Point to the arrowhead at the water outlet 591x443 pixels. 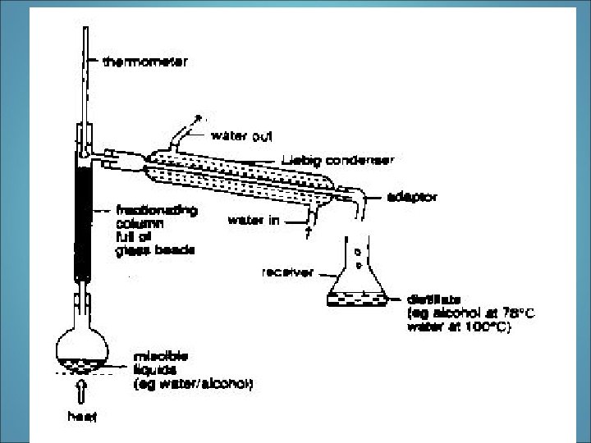pos(198,120)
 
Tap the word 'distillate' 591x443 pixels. pos(432,299)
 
